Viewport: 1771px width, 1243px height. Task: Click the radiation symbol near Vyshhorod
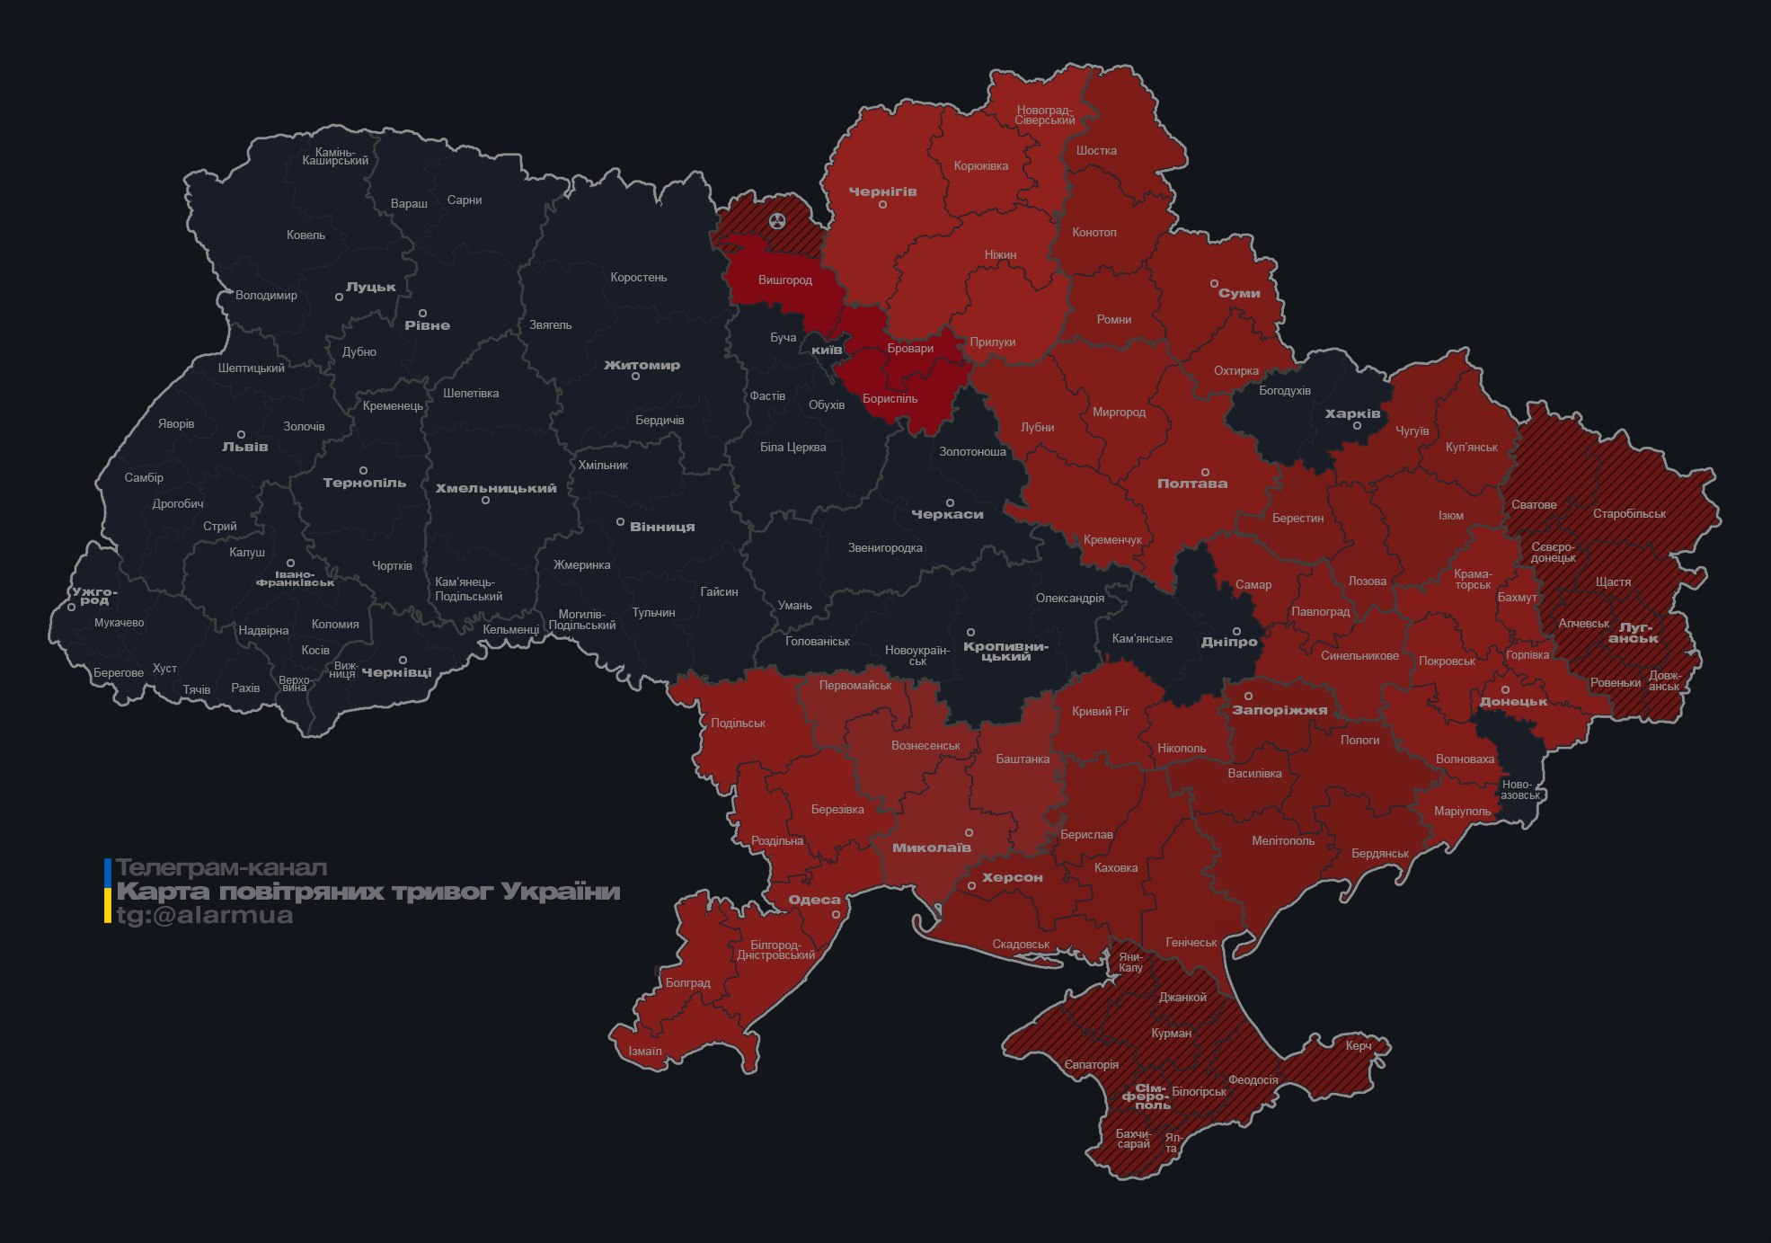click(777, 220)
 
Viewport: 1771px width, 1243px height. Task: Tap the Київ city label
click(827, 350)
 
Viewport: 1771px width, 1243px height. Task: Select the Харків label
click(1352, 414)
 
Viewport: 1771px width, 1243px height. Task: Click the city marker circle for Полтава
click(1206, 472)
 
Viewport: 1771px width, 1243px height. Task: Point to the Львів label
click(245, 447)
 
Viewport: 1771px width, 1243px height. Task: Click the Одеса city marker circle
click(836, 914)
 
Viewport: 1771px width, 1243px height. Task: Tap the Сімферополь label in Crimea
click(1146, 1097)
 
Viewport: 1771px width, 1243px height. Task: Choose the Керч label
click(1359, 1045)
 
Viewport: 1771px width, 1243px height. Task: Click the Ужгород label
click(94, 595)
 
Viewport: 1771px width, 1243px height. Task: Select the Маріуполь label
click(1462, 811)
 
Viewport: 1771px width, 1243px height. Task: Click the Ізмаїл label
click(645, 1051)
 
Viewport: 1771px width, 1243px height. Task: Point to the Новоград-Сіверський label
click(1045, 115)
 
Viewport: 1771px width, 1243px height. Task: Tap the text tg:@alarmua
click(205, 916)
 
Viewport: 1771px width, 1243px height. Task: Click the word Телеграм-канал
click(221, 868)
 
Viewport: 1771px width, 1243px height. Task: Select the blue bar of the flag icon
click(108, 870)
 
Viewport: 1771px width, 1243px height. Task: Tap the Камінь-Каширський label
click(335, 156)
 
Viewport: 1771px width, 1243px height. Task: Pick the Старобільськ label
click(1629, 514)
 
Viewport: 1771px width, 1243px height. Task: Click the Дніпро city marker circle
click(1236, 631)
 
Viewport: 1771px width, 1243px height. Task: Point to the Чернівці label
click(396, 672)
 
